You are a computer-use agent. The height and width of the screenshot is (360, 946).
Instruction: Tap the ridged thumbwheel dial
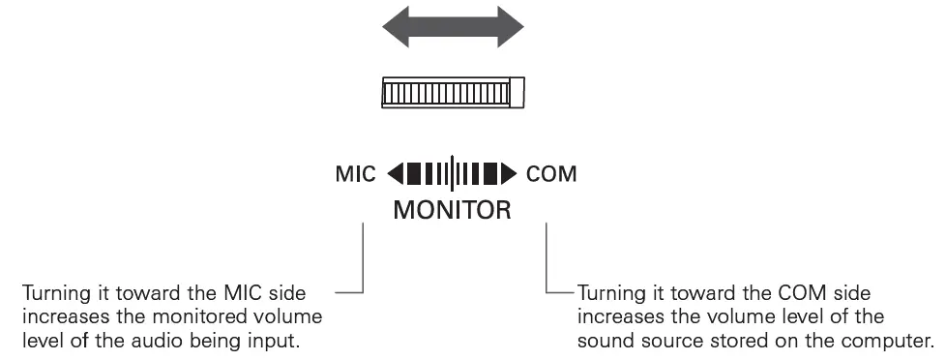[445, 93]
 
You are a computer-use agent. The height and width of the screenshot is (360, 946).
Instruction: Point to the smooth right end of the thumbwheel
[517, 93]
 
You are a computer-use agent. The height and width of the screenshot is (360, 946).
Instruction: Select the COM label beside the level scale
[551, 175]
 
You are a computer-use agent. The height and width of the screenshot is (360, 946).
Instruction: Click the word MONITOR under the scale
[452, 208]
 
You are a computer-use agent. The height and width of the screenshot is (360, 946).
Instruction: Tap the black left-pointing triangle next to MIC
[396, 175]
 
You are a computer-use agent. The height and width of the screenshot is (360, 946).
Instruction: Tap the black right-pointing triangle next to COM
[512, 175]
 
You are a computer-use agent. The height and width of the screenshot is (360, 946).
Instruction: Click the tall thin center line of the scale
[453, 175]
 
